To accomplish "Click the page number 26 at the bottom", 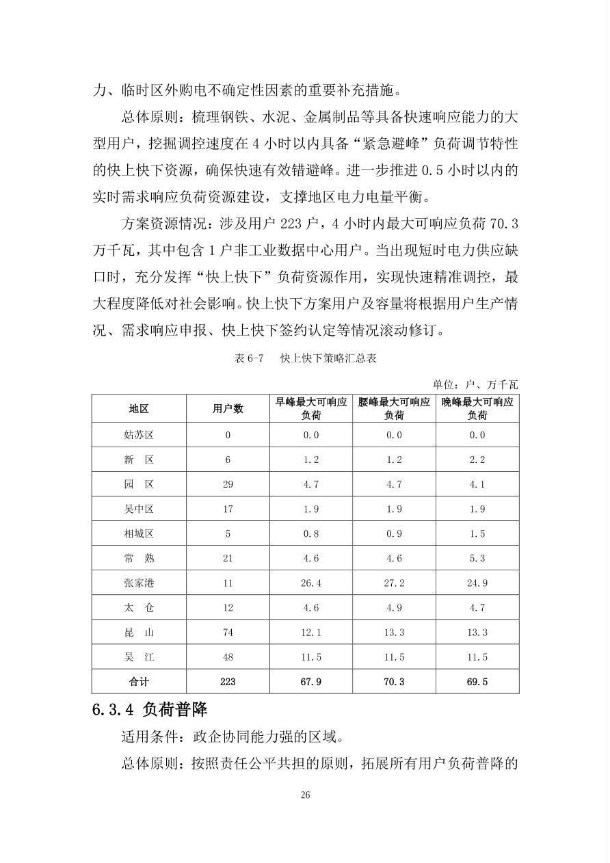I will pyautogui.click(x=305, y=795).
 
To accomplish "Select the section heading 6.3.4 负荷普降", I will pyautogui.click(x=150, y=709).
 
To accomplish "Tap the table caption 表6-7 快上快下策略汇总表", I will pyautogui.click(x=305, y=358).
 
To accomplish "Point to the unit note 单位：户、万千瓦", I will pyautogui.click(x=475, y=384).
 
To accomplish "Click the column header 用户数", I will pyautogui.click(x=228, y=409).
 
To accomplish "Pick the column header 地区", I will pyautogui.click(x=139, y=409).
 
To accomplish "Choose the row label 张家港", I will pyautogui.click(x=139, y=583).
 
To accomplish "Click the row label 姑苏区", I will pyautogui.click(x=139, y=434).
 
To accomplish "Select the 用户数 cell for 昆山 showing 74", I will pyautogui.click(x=228, y=633).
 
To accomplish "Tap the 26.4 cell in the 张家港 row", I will pyautogui.click(x=311, y=583).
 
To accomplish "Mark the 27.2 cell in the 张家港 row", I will pyautogui.click(x=394, y=583).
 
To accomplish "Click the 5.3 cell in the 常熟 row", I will pyautogui.click(x=477, y=558).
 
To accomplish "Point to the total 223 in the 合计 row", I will pyautogui.click(x=228, y=682).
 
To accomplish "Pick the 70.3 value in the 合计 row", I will pyautogui.click(x=394, y=682).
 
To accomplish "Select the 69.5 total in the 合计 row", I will pyautogui.click(x=477, y=682).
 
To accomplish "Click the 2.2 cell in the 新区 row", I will pyautogui.click(x=477, y=460).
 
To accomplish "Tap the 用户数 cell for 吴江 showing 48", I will pyautogui.click(x=228, y=657).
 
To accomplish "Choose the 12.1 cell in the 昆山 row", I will pyautogui.click(x=311, y=633).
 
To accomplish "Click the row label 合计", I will pyautogui.click(x=139, y=682).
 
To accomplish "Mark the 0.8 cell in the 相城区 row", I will pyautogui.click(x=311, y=533).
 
